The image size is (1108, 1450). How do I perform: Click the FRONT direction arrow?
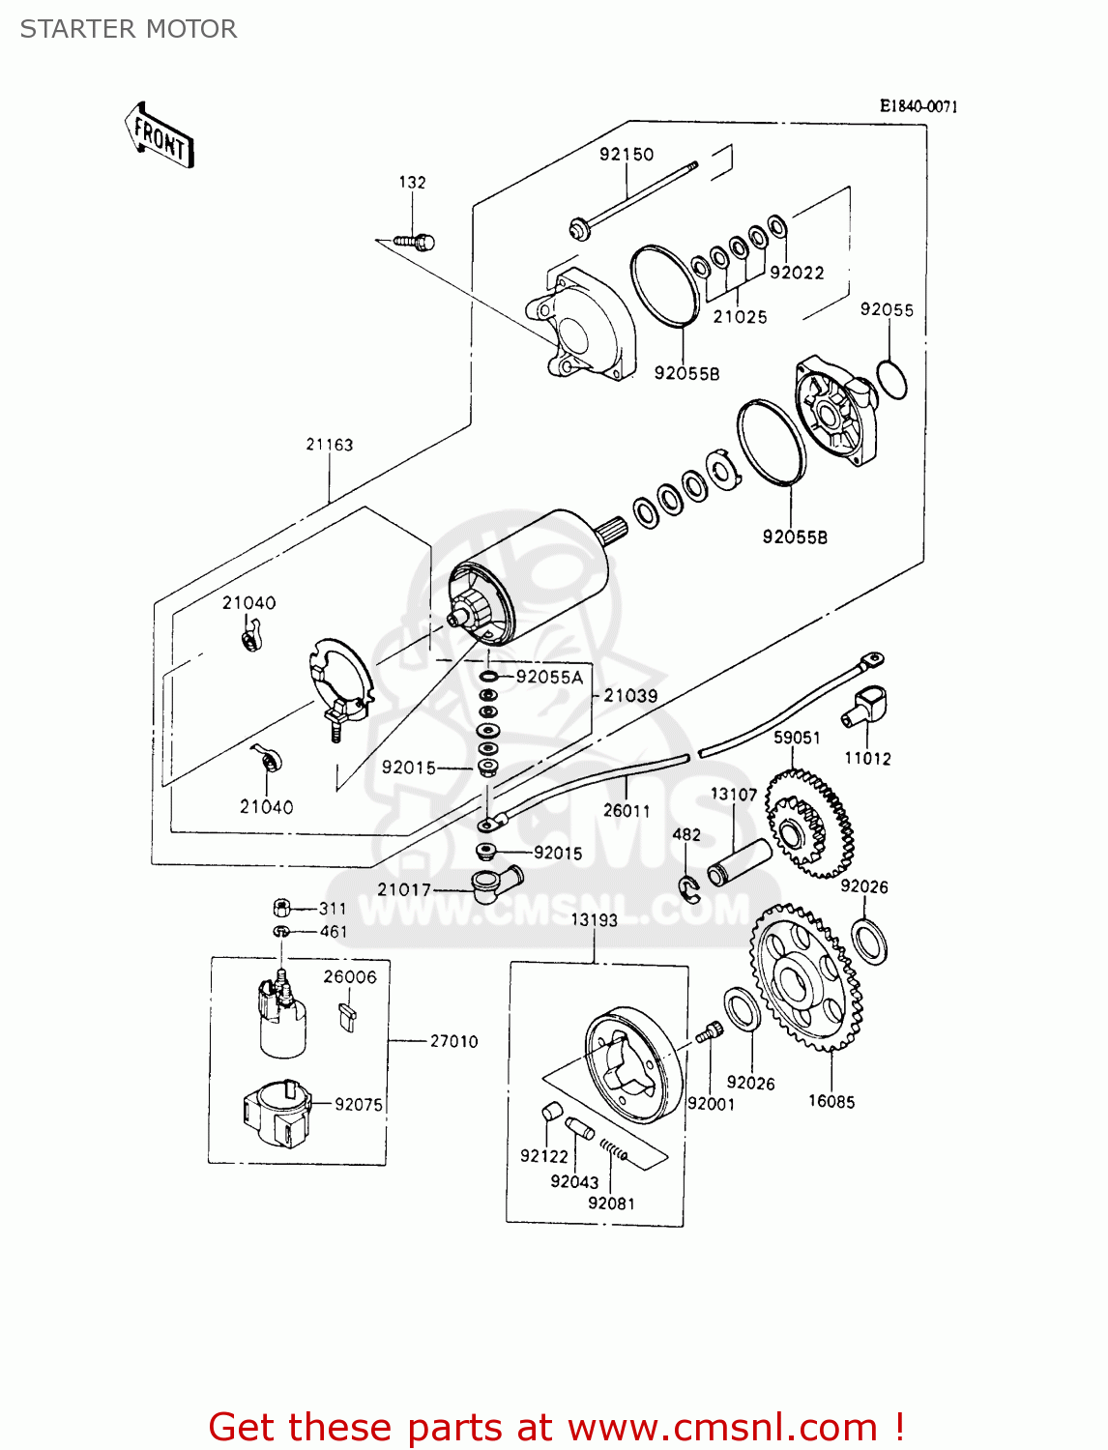[x=160, y=136]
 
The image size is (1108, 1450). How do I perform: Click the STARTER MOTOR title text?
[x=129, y=29]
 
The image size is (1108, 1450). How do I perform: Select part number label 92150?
[x=627, y=154]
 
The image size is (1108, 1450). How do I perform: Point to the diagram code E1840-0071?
[x=918, y=106]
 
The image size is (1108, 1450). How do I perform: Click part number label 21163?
[x=330, y=445]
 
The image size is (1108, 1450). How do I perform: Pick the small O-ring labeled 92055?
[x=892, y=379]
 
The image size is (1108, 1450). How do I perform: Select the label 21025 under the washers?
[x=741, y=316]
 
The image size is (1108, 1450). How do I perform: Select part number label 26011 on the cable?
[x=627, y=810]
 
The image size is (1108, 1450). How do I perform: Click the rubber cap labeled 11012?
[x=866, y=706]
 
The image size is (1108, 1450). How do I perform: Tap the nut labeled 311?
[x=281, y=908]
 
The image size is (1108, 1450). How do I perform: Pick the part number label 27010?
[x=454, y=1041]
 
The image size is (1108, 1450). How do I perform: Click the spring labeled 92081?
[x=613, y=1149]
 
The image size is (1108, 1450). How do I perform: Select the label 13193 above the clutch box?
[x=594, y=919]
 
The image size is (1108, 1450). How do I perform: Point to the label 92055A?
[x=550, y=677]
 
